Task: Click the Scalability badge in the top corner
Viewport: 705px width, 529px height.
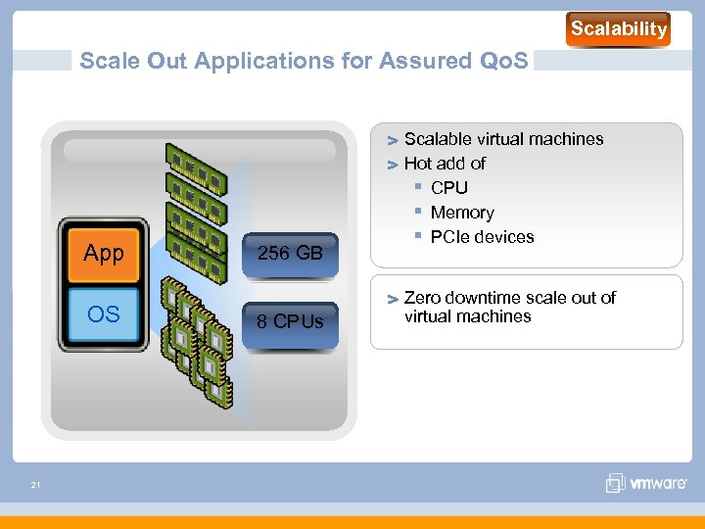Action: [618, 29]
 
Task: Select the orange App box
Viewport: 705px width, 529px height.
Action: [104, 254]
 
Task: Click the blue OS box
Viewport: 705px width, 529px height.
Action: [104, 314]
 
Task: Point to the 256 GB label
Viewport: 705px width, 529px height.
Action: [290, 254]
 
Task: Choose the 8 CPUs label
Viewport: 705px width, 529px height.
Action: [290, 321]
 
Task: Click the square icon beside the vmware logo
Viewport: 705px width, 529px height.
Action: [615, 483]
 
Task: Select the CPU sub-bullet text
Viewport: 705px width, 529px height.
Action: [449, 188]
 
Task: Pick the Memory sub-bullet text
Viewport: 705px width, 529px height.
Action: [462, 213]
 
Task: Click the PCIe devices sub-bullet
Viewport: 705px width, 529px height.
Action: [483, 237]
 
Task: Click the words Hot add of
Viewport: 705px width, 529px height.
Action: [445, 164]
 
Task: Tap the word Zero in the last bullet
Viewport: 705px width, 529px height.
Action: [422, 298]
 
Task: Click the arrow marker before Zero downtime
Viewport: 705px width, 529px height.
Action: [391, 299]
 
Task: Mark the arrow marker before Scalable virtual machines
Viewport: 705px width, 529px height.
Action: [391, 140]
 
